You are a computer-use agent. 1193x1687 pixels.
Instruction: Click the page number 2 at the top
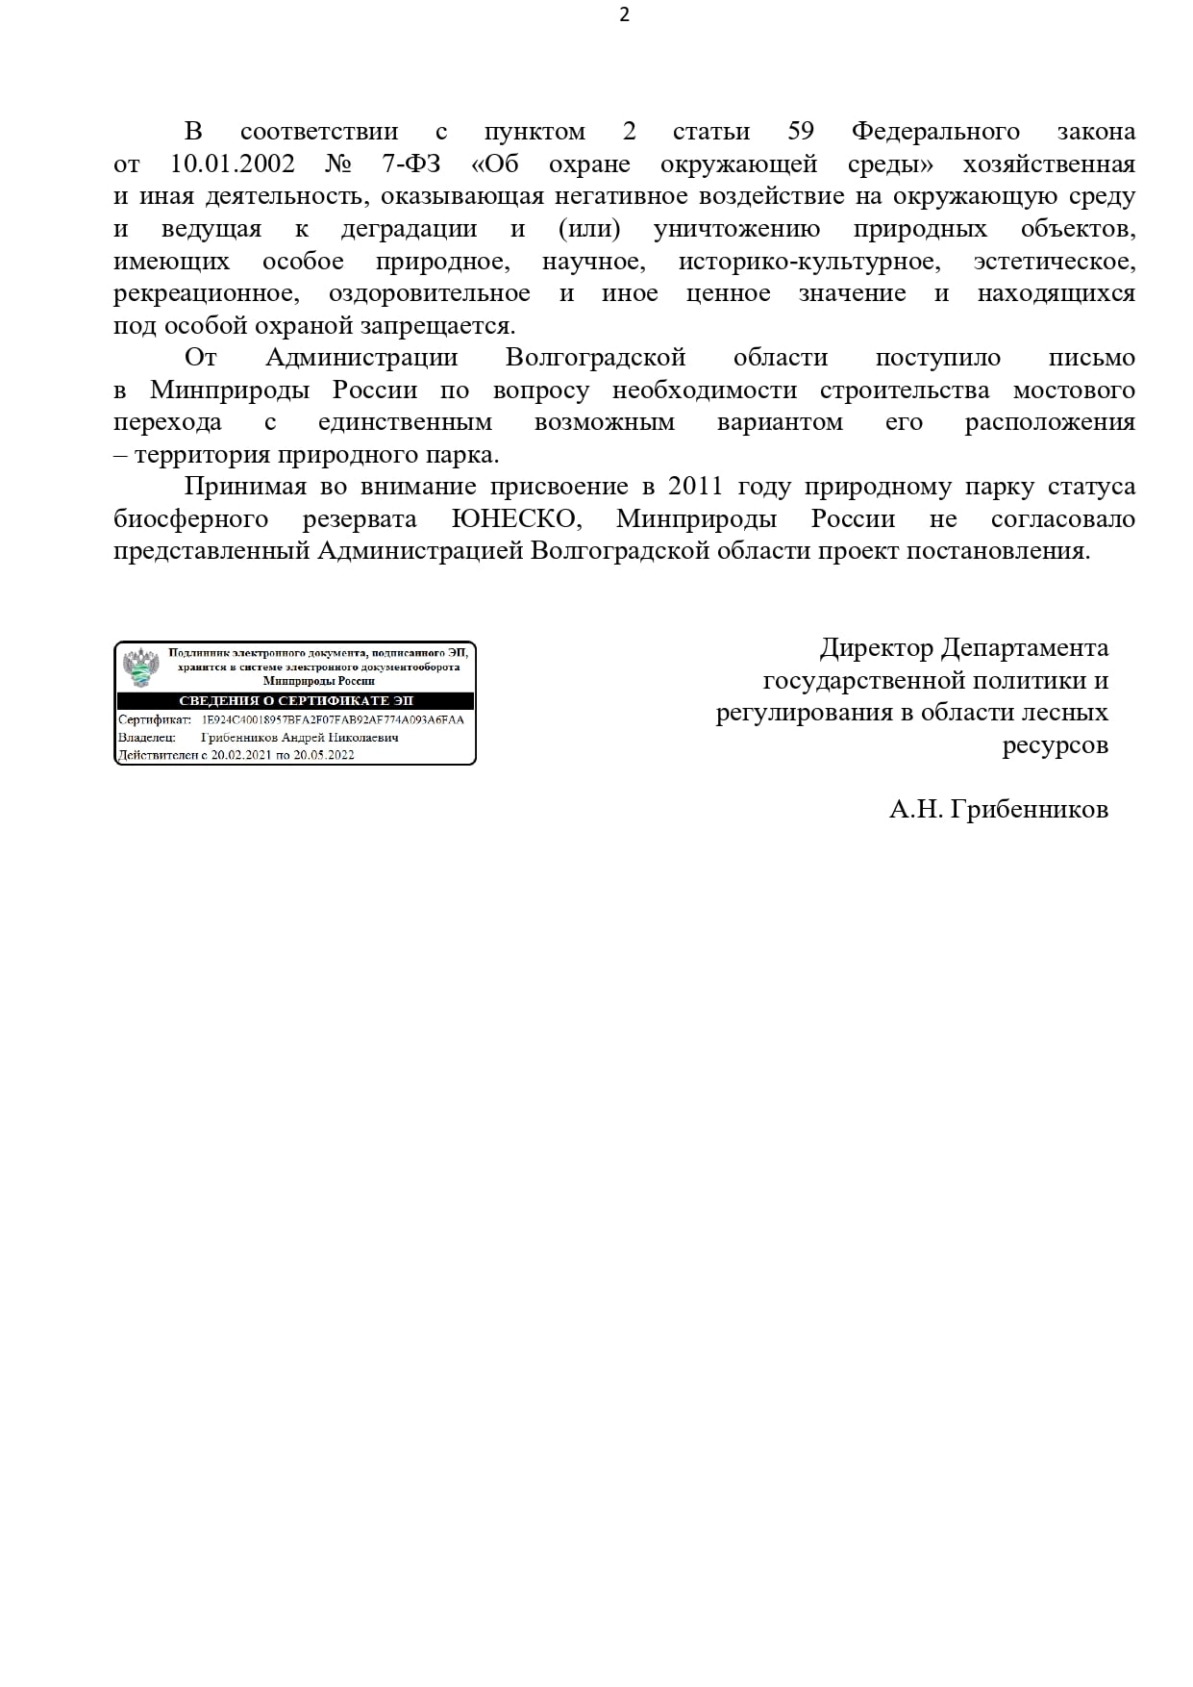(x=624, y=15)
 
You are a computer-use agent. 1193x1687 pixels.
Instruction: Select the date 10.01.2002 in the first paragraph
(x=233, y=164)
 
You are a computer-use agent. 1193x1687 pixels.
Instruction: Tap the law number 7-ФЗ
(x=404, y=164)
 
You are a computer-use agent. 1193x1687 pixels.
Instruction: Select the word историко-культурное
(x=807, y=261)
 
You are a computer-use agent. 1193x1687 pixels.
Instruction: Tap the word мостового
(x=1074, y=390)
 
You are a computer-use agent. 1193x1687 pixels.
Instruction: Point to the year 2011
(x=695, y=487)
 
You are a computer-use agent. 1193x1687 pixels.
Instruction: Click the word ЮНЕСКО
(x=517, y=519)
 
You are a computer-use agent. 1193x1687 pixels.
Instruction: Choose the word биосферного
(x=190, y=519)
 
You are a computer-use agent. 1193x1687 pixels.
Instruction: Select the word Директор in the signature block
(x=876, y=648)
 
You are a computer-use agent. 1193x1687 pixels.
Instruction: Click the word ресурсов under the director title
(x=1055, y=745)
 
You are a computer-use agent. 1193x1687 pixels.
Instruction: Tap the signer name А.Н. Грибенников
(x=998, y=810)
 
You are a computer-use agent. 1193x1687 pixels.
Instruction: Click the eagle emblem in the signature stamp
(x=140, y=666)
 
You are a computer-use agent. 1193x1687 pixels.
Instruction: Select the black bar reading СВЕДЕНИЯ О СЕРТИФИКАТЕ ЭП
(x=295, y=700)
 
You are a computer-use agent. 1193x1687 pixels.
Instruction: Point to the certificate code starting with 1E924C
(x=332, y=719)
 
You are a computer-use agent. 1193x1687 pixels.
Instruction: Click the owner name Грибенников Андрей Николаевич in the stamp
(x=299, y=738)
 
